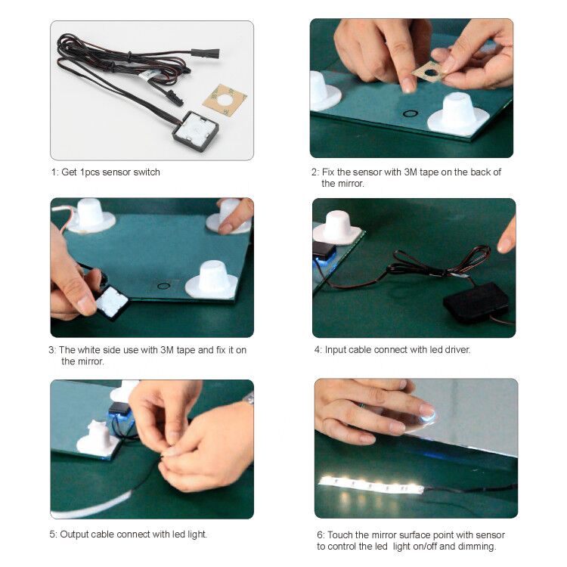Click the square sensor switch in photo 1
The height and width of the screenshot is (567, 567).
[196, 131]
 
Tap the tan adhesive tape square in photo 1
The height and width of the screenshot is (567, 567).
[225, 100]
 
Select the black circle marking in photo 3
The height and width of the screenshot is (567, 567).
[164, 286]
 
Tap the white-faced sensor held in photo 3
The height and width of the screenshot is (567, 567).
[112, 302]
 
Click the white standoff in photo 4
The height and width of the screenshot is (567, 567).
[338, 228]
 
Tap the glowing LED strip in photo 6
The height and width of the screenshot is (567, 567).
[371, 485]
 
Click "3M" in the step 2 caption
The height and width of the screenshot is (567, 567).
[411, 172]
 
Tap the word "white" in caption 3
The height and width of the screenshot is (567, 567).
[88, 350]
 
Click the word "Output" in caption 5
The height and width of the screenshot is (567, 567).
[74, 534]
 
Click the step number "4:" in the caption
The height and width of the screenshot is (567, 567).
[318, 350]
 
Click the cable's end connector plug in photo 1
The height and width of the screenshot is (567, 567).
[206, 54]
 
